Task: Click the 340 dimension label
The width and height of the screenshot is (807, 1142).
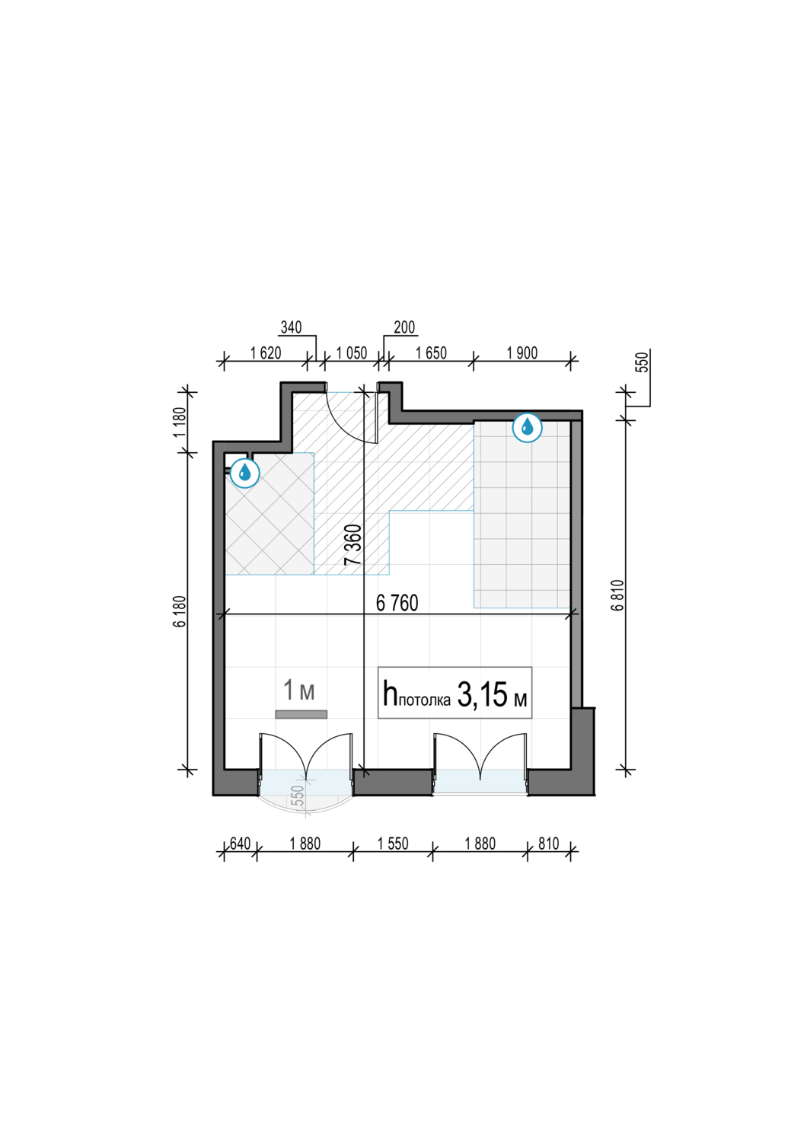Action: coord(292,327)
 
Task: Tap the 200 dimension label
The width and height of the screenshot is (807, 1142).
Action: coord(404,327)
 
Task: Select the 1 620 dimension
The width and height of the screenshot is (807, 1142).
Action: coord(266,352)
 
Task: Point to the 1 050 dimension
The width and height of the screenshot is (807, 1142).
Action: coord(351,352)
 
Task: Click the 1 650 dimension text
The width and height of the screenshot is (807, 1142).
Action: coord(431,352)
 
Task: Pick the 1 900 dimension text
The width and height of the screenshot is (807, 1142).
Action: coord(522,352)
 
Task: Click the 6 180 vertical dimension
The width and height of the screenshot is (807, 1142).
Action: coord(181,611)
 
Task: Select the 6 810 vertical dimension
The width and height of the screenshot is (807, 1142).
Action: coord(620,595)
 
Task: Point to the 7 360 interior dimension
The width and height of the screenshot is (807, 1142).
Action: coord(352,544)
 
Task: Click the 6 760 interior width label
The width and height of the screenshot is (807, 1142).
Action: coord(397,603)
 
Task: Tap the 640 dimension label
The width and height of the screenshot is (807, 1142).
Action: coord(240,844)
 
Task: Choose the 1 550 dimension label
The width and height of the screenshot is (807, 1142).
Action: coord(393,844)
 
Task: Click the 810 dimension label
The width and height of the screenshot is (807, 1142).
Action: coord(549,844)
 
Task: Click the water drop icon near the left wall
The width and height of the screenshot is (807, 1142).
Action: coord(245,473)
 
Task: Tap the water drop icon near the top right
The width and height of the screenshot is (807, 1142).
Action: coord(527,427)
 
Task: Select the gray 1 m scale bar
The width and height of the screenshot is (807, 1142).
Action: coord(301,714)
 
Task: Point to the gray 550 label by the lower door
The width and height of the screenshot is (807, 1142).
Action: coord(299,796)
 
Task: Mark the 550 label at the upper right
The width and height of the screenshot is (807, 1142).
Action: coord(643,362)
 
